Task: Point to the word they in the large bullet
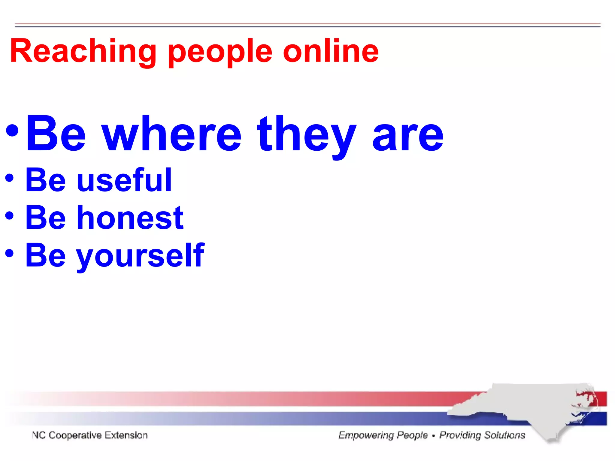(x=307, y=135)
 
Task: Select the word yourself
(x=140, y=255)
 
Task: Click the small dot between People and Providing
(x=433, y=436)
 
